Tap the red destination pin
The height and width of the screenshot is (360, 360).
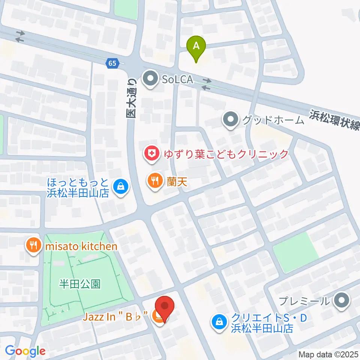click(165, 307)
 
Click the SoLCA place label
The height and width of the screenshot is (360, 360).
click(178, 79)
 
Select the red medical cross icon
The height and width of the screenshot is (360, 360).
click(152, 154)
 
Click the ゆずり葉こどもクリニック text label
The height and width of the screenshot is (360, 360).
click(225, 154)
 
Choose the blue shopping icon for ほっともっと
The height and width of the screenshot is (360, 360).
click(121, 186)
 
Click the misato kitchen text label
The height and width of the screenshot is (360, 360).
click(81, 246)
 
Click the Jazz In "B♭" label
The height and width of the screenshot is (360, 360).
click(115, 317)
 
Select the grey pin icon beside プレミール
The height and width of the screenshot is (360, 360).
click(341, 300)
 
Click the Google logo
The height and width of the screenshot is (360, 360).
click(25, 351)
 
